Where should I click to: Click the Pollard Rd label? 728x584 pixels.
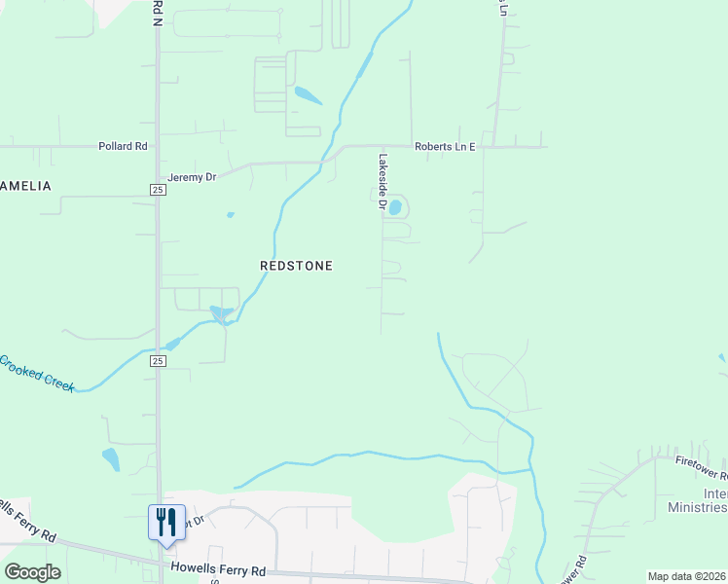coord(122,146)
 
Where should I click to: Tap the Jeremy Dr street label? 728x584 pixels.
coord(190,177)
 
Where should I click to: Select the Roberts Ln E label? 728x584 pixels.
coord(445,146)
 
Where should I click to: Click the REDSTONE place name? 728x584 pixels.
coord(297,265)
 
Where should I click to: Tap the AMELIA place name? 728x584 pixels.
coord(24,185)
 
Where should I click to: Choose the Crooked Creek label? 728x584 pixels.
coord(37,374)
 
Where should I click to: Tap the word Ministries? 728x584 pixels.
coord(697,507)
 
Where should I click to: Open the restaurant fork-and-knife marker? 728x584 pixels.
coord(165,522)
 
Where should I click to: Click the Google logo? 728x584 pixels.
coord(32,572)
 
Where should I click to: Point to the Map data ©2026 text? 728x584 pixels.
coord(686,576)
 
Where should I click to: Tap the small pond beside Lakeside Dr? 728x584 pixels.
coord(395,206)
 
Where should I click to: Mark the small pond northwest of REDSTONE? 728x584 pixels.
coord(231,215)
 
